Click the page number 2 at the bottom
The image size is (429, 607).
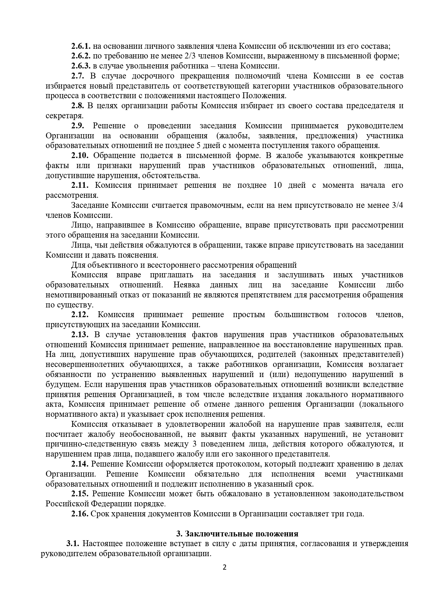coord(224,568)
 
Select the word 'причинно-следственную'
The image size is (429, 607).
coord(83,444)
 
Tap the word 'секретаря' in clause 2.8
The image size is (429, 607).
coord(64,116)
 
